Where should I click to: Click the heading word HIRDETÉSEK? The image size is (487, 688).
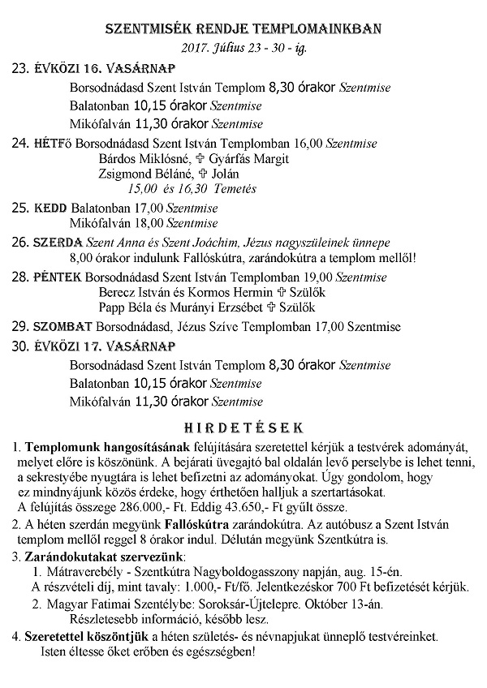pos(243,426)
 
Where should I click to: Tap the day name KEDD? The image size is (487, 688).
pos(50,208)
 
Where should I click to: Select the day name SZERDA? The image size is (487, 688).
pos(57,243)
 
